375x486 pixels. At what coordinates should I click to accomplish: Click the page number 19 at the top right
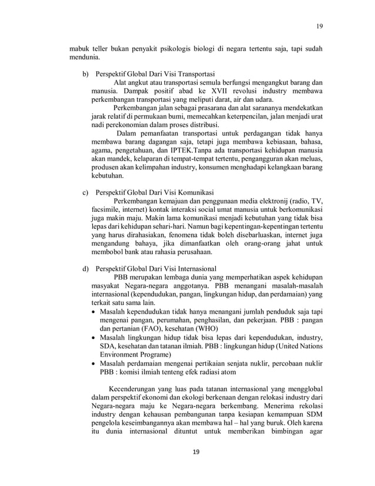point(320,26)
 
